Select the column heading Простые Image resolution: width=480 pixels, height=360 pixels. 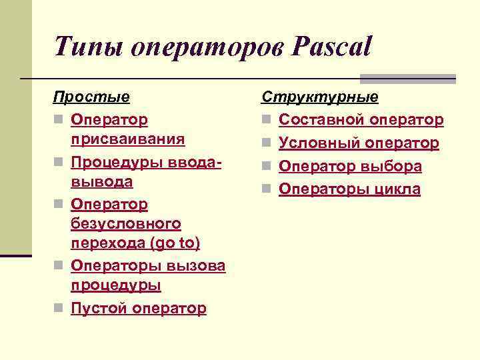pos(91,97)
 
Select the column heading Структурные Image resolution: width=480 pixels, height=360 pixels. pos(320,97)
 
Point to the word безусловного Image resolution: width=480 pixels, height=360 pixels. pos(126,223)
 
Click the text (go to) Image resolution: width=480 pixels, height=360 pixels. pos(175,243)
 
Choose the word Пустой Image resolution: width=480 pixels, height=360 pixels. pos(99,308)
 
